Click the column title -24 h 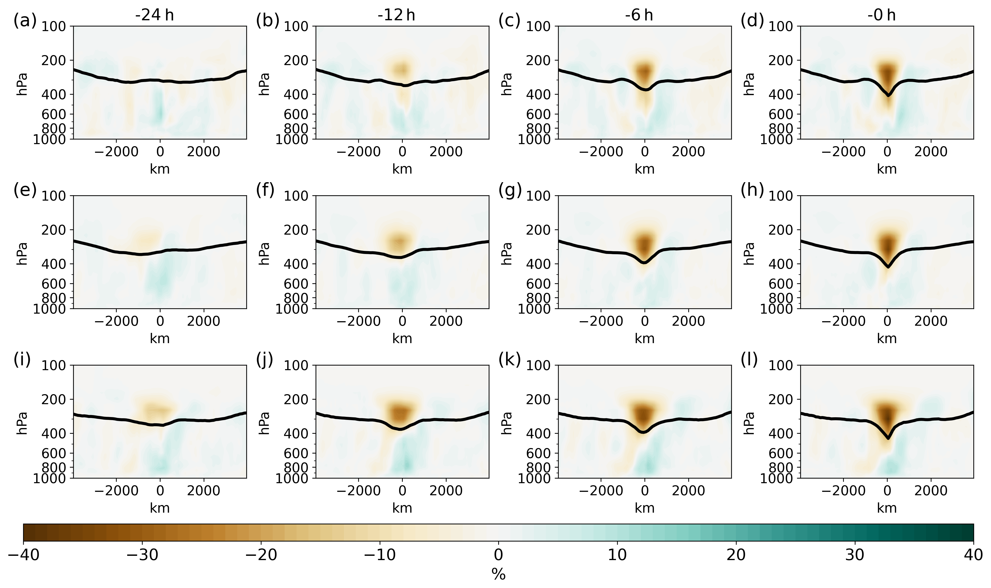(x=154, y=15)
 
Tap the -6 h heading (x=639, y=15)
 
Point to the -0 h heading (x=881, y=15)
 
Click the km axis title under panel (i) (x=160, y=508)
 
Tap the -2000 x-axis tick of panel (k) (x=601, y=490)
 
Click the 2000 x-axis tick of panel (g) (x=688, y=321)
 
